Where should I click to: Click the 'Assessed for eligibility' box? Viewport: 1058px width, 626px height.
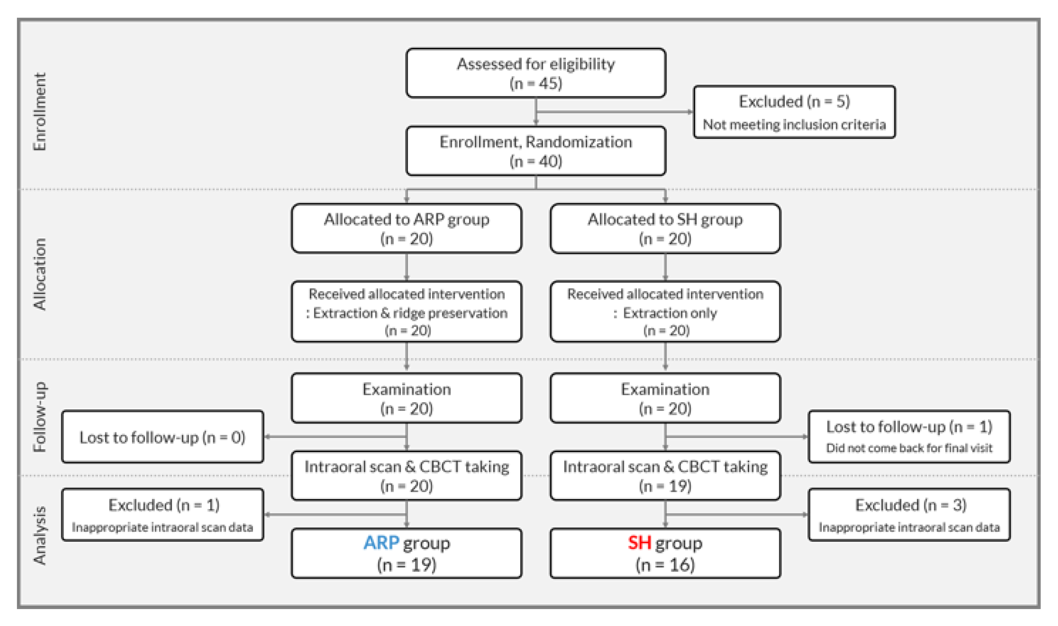536,73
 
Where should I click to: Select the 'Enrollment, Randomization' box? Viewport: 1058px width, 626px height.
536,151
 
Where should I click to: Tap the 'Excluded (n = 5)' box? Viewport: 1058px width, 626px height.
794,112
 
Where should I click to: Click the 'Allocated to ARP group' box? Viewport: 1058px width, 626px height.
406,228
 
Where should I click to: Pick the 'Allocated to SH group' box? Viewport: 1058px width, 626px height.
665,228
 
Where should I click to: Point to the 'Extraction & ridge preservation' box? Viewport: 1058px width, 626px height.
406,311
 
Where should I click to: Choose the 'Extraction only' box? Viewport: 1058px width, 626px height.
665,311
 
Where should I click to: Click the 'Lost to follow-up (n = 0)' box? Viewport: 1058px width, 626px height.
163,437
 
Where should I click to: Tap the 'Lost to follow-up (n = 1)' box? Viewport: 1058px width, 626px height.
909,437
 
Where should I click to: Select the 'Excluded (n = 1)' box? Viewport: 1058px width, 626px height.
163,515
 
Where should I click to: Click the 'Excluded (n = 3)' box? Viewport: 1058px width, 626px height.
909,515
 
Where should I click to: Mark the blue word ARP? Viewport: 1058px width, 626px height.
381,543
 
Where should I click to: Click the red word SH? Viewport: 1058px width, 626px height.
639,543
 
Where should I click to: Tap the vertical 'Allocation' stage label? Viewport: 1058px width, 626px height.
40,274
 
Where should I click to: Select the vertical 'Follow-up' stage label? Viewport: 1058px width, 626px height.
40,417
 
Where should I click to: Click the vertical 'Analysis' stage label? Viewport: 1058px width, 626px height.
40,535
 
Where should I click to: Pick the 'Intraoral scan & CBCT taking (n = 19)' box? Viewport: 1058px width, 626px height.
665,476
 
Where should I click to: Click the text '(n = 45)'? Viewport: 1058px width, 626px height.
536,83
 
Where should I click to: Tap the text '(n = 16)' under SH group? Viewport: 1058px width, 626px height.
665,565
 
